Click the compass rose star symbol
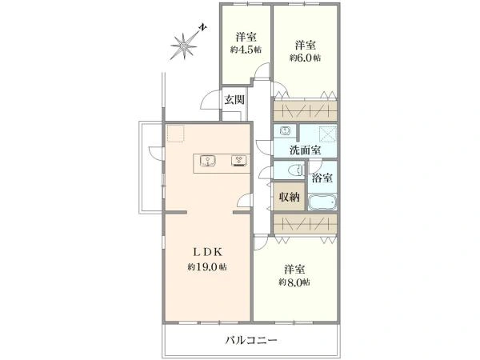183,46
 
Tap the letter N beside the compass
202,27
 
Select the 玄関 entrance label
234,99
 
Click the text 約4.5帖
246,50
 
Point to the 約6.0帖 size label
306,58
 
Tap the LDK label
207,252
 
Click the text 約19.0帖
207,267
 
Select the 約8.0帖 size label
294,282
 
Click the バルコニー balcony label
251,340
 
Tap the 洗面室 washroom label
306,150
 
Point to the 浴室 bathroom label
322,178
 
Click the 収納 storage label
289,197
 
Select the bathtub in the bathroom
322,202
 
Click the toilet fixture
296,170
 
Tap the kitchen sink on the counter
208,161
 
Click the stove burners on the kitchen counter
239,161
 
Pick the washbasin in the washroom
285,131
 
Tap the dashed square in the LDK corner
175,134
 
